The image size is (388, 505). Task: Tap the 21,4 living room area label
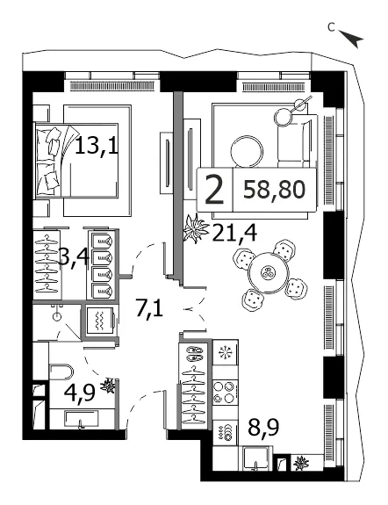(234, 232)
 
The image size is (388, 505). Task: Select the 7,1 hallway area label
(149, 309)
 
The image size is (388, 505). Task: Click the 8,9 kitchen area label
(263, 426)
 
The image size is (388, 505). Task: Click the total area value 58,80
(274, 190)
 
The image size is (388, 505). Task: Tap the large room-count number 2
(214, 190)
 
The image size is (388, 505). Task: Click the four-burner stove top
(225, 392)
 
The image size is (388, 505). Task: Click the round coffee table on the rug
(248, 151)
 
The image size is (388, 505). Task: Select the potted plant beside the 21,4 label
(195, 228)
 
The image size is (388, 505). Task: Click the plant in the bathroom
(108, 386)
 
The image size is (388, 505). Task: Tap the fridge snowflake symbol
(225, 352)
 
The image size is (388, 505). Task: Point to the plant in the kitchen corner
(301, 463)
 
